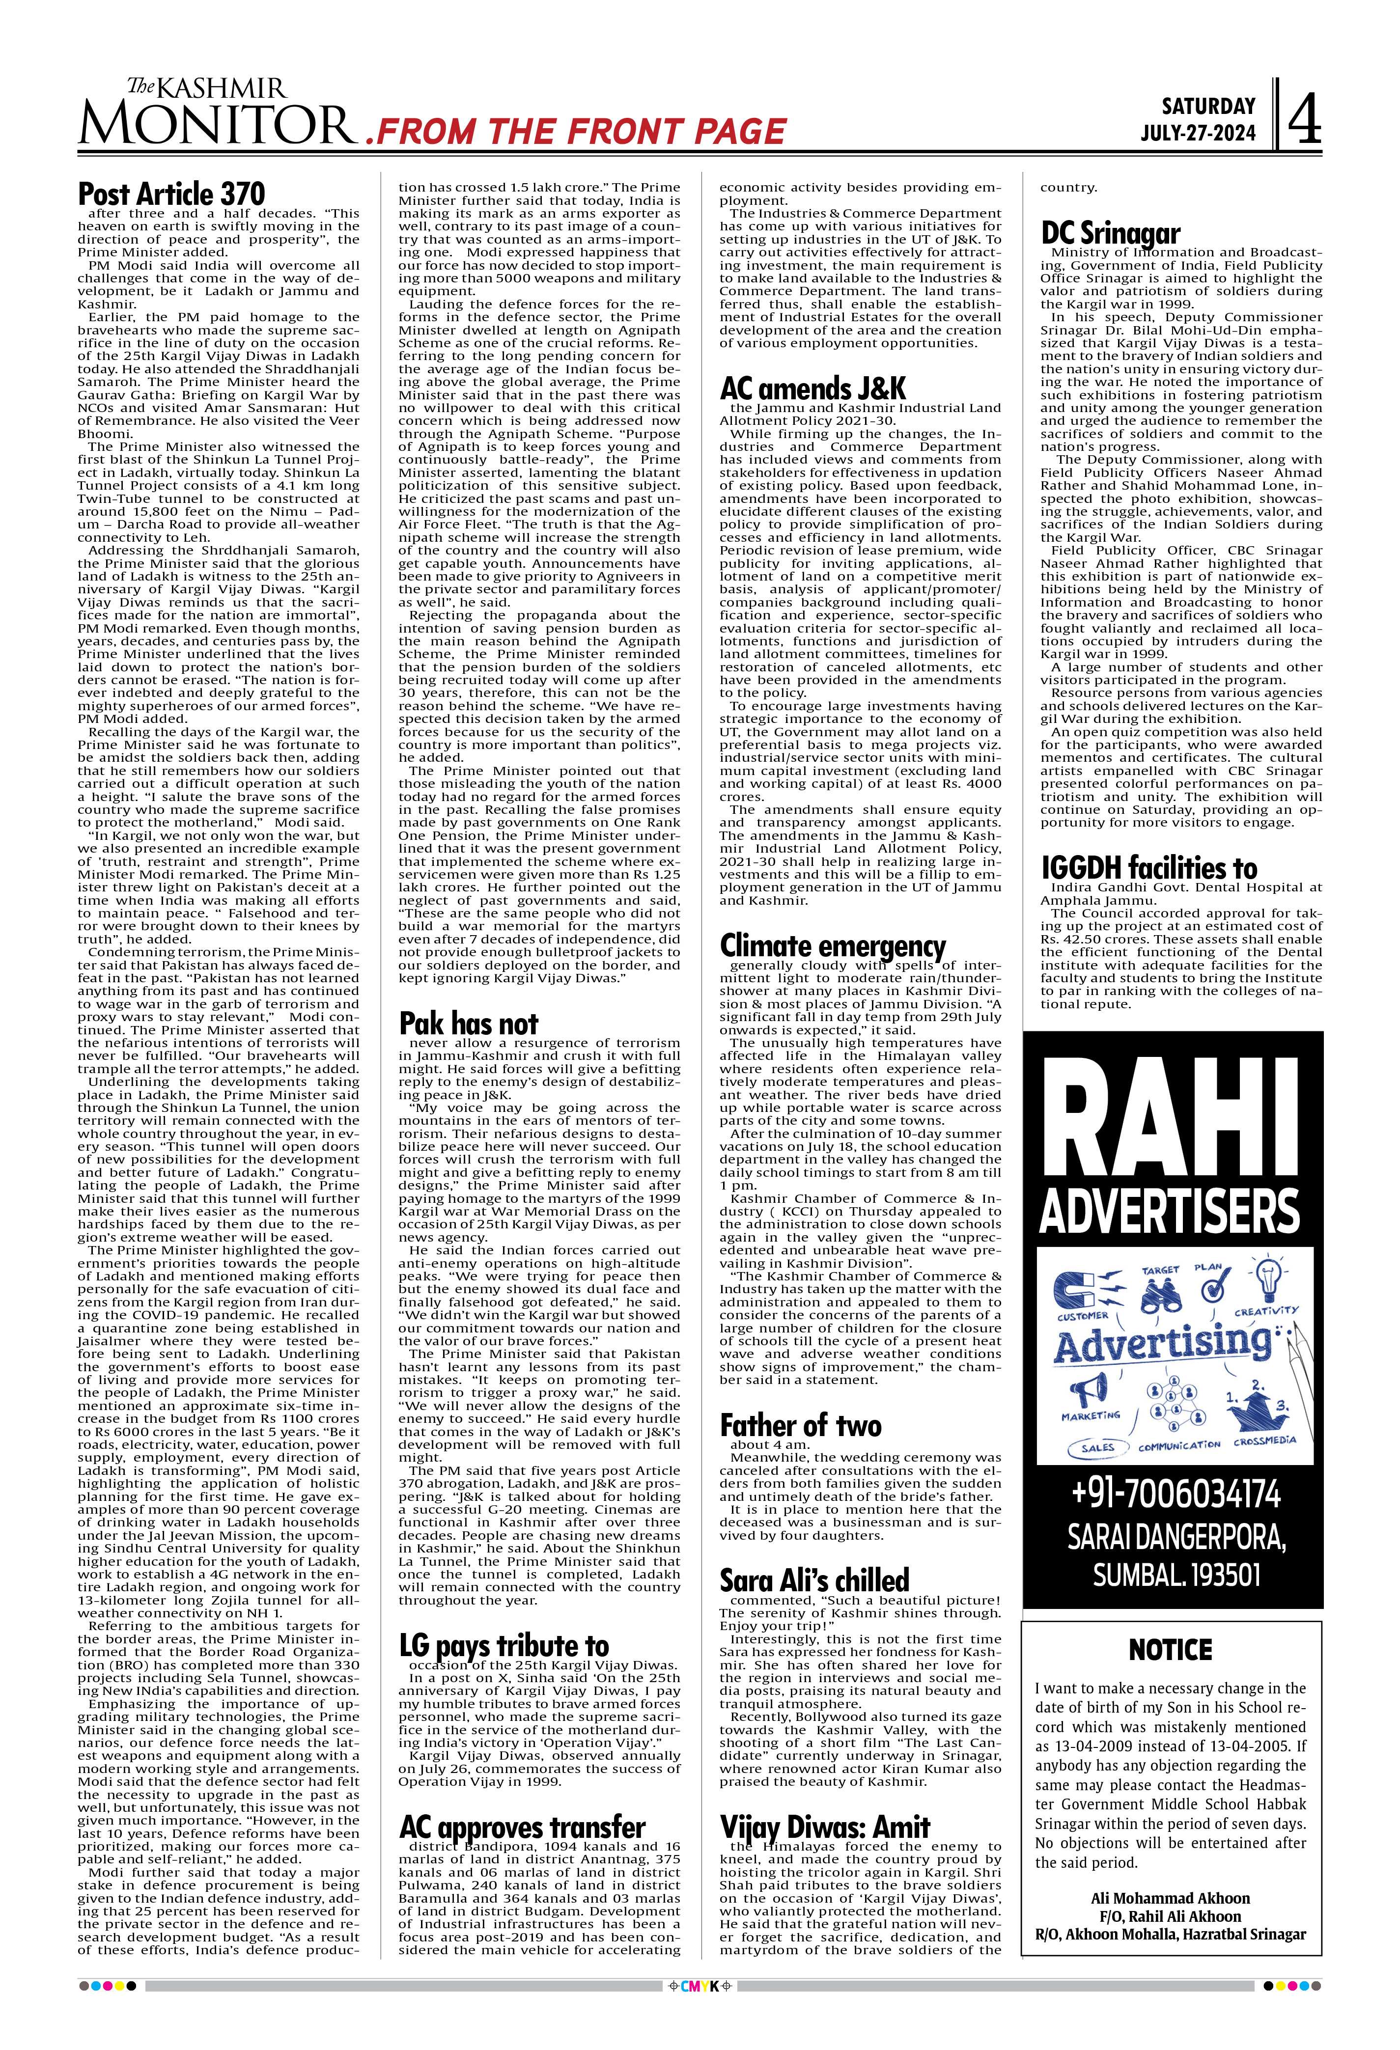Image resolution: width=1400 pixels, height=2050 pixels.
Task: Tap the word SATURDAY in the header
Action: pyautogui.click(x=1208, y=107)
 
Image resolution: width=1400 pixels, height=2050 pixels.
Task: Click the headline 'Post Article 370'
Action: pyautogui.click(x=171, y=194)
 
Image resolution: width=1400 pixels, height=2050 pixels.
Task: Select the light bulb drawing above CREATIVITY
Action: pyautogui.click(x=1268, y=1278)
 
